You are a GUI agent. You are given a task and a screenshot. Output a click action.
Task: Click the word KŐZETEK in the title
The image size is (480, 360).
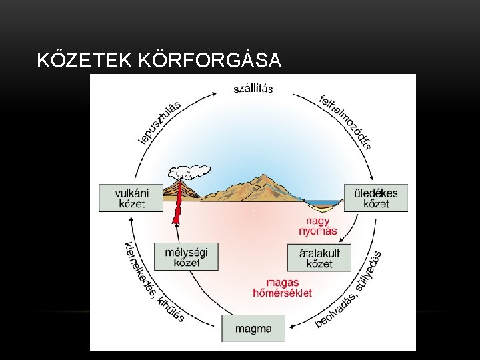click(85, 61)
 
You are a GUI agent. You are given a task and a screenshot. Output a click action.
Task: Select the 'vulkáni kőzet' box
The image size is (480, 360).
click(131, 197)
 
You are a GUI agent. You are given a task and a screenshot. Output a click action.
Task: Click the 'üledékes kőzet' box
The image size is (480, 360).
click(375, 197)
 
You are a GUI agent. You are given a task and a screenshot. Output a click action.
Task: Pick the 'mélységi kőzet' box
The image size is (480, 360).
click(186, 256)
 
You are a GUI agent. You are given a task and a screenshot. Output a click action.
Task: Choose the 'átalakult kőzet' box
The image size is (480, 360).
click(319, 257)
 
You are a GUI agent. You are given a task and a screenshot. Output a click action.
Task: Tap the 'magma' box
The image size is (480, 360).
click(253, 328)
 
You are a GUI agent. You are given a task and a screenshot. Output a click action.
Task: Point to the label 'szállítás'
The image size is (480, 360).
click(253, 89)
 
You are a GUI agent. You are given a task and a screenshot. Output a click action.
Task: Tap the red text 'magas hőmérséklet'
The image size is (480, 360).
click(283, 287)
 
